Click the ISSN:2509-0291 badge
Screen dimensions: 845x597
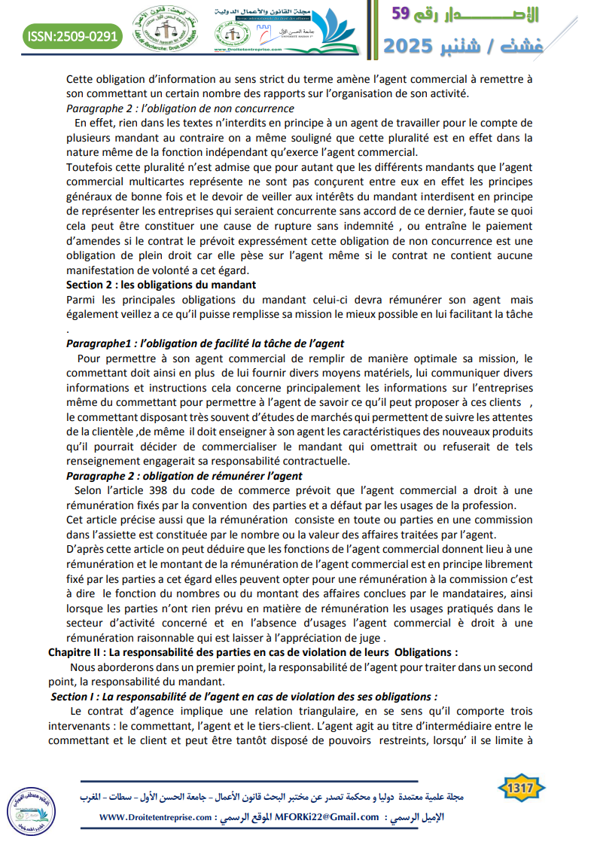pyautogui.click(x=72, y=35)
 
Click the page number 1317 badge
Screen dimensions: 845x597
pyautogui.click(x=521, y=789)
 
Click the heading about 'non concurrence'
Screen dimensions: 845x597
pyautogui.click(x=169, y=108)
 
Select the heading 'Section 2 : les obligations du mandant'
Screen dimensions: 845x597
pyautogui.click(x=161, y=285)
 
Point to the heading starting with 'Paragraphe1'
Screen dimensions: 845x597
pyautogui.click(x=205, y=343)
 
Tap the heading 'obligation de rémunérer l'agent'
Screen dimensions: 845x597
pyautogui.click(x=184, y=476)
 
